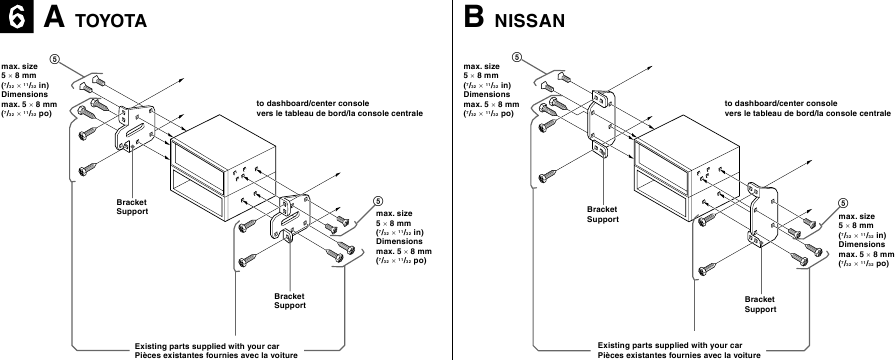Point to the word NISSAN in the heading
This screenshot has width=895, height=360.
531,21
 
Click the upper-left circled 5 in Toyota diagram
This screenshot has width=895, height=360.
56,57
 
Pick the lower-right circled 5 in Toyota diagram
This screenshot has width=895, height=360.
377,201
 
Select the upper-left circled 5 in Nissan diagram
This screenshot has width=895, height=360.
518,57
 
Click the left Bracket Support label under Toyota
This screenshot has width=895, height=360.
132,207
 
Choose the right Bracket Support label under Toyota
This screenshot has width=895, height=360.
290,301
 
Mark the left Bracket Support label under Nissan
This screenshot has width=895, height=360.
602,213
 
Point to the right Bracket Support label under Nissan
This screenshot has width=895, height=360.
760,304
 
